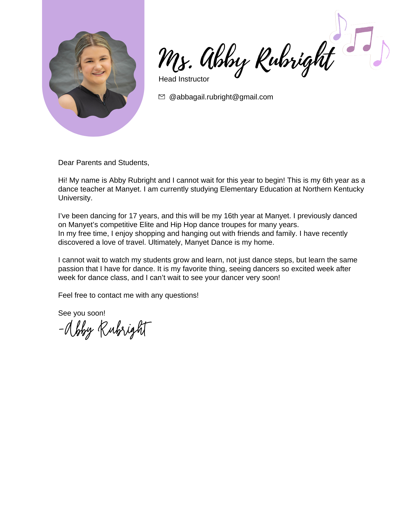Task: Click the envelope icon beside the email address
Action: click(x=161, y=97)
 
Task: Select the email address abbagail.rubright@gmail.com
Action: click(x=221, y=97)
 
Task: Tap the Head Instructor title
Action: click(x=184, y=79)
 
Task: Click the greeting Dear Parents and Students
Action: click(x=104, y=162)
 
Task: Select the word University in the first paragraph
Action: click(x=75, y=198)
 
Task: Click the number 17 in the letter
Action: click(x=133, y=216)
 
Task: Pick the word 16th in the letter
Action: click(x=231, y=216)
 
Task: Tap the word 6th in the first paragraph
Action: click(x=328, y=180)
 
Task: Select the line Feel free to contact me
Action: click(x=128, y=295)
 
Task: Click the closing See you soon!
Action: click(x=81, y=313)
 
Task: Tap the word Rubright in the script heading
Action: click(x=295, y=59)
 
